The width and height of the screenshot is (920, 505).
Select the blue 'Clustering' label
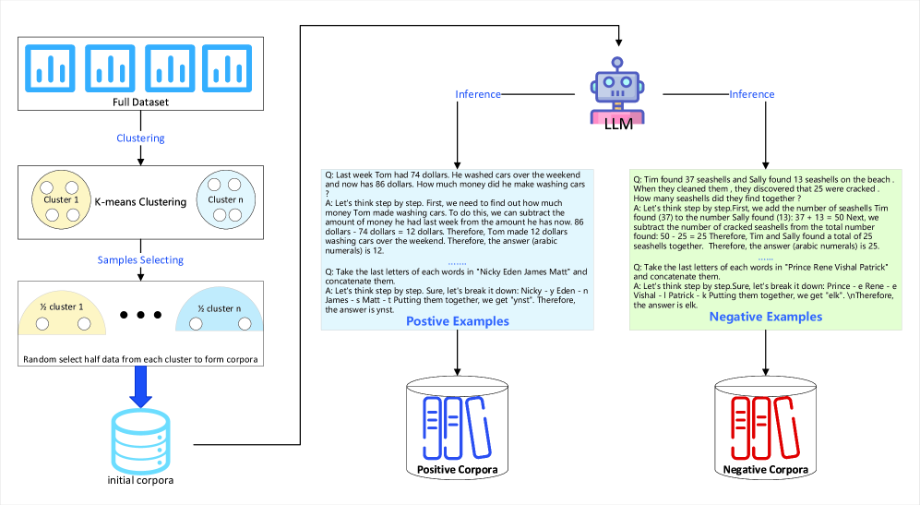pyautogui.click(x=140, y=138)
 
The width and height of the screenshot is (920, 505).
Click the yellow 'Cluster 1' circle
pyautogui.click(x=58, y=201)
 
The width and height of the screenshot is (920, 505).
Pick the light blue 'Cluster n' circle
pyautogui.click(x=223, y=201)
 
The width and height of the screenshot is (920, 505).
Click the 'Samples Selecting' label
pyautogui.click(x=140, y=260)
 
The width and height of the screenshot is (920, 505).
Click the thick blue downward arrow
pyautogui.click(x=140, y=384)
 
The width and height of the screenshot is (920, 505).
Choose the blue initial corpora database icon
pyautogui.click(x=140, y=439)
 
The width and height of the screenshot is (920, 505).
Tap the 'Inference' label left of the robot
pyautogui.click(x=478, y=94)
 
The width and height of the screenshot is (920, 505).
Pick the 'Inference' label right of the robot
pyautogui.click(x=751, y=94)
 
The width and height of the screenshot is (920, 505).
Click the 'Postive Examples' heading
pyautogui.click(x=457, y=321)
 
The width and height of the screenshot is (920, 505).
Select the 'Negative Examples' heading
pyautogui.click(x=765, y=317)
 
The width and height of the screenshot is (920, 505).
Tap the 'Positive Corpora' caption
pyautogui.click(x=457, y=470)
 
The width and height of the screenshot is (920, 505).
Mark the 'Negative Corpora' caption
pyautogui.click(x=765, y=470)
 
